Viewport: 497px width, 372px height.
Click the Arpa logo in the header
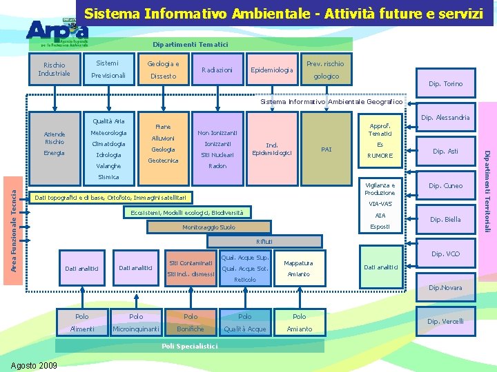point(57,30)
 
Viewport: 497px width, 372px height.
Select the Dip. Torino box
point(445,84)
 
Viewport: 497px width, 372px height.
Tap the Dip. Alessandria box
point(445,118)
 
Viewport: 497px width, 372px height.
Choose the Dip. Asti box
point(445,151)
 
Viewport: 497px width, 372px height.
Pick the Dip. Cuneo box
point(445,185)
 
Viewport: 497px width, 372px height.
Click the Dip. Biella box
point(445,220)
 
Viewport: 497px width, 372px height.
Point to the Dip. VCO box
point(445,254)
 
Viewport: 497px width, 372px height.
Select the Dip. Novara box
point(445,287)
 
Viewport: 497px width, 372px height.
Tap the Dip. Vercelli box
point(445,321)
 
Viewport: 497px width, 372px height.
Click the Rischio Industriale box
point(54,70)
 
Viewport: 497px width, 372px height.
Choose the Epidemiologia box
point(272,70)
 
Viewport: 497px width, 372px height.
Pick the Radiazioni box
point(217,70)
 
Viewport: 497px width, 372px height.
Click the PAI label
point(327,149)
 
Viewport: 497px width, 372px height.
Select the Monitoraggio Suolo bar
point(208,227)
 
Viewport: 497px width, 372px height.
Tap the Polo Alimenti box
point(82,322)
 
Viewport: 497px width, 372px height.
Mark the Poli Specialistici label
point(189,346)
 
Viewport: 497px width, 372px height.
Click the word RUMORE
point(380,156)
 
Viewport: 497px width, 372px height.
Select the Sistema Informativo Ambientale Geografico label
point(331,102)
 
